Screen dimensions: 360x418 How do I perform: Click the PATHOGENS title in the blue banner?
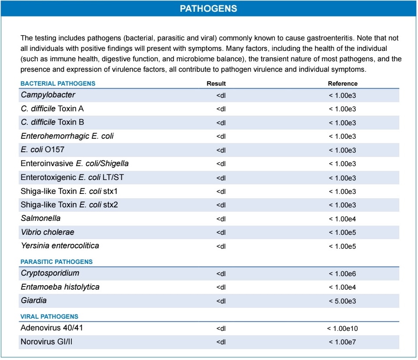click(x=209, y=8)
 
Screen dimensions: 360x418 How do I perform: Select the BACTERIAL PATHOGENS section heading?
click(x=58, y=83)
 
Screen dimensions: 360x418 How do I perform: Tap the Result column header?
click(x=216, y=83)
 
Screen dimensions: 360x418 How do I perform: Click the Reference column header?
click(x=342, y=83)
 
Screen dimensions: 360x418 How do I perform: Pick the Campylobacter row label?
click(x=48, y=95)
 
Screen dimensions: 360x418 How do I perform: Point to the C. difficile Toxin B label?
click(x=52, y=122)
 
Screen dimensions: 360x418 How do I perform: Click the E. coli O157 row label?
click(x=43, y=150)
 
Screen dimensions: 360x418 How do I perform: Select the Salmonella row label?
click(x=40, y=218)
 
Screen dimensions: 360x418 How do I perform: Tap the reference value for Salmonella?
click(x=342, y=219)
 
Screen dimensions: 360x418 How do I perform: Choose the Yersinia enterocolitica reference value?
click(x=342, y=247)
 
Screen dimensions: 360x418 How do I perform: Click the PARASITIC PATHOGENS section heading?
click(x=57, y=262)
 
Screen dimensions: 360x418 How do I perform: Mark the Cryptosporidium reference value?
click(x=342, y=274)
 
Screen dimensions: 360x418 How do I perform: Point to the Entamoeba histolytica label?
click(x=60, y=287)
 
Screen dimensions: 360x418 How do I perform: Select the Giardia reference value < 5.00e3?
click(x=342, y=301)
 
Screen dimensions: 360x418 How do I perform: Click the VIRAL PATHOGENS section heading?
click(x=49, y=317)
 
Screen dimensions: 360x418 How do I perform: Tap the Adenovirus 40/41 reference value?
click(x=342, y=328)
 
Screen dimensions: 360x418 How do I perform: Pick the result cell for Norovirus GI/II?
click(x=221, y=342)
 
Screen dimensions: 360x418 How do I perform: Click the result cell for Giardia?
click(x=221, y=301)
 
